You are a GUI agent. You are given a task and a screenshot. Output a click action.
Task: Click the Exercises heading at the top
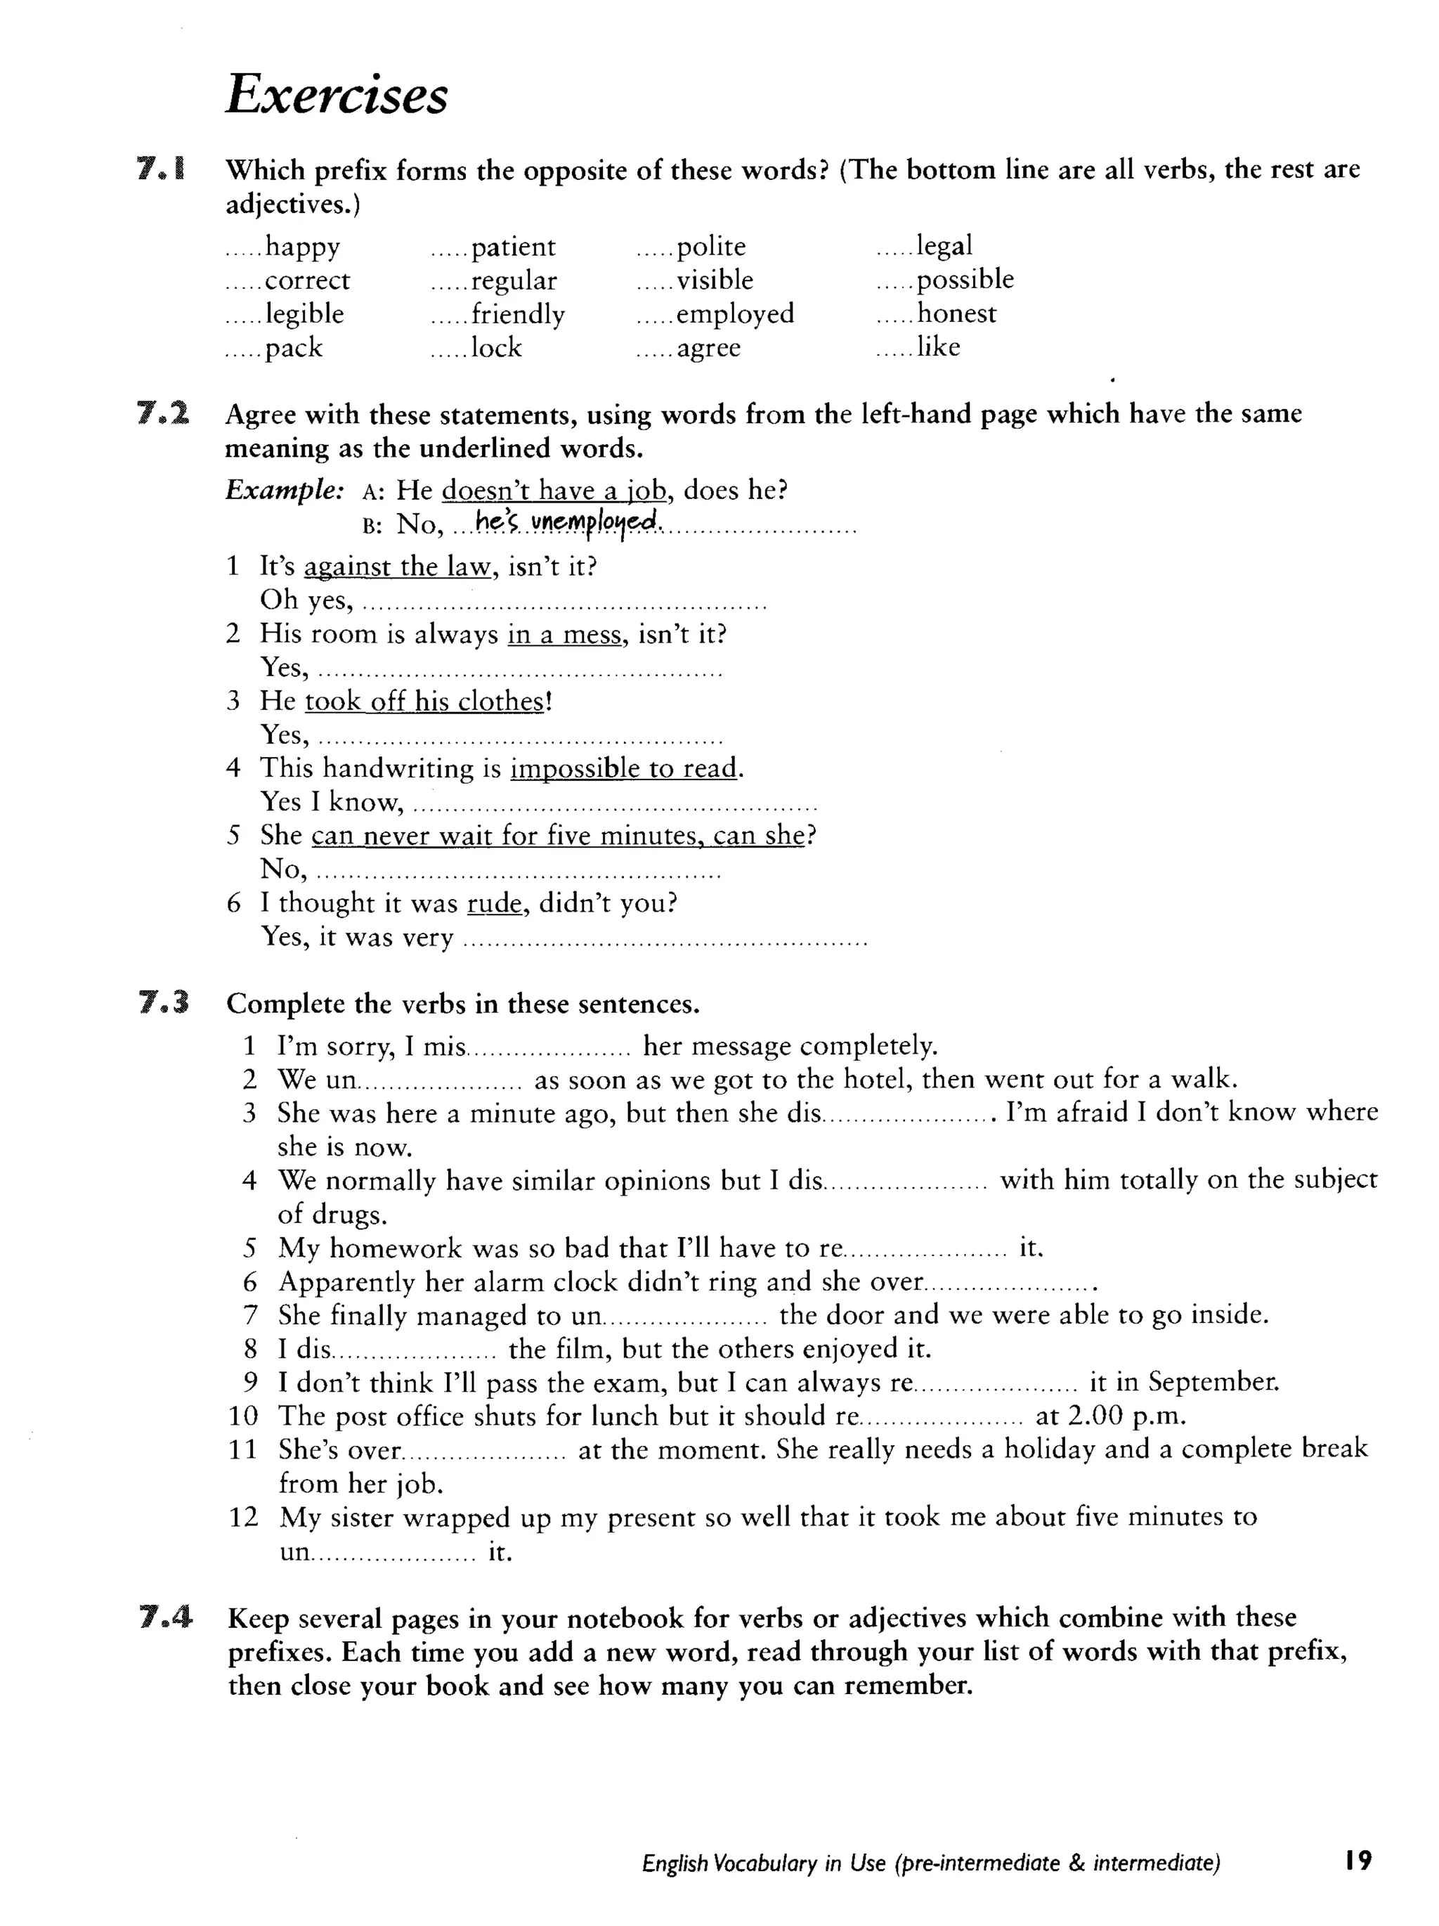pos(336,94)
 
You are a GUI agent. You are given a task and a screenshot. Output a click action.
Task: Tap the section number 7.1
pos(161,168)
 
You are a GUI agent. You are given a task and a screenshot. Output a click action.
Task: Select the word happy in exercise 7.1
pos(302,247)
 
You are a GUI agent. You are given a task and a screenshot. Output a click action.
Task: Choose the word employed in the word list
pos(735,314)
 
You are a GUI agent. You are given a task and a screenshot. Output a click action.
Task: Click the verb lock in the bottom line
pos(496,347)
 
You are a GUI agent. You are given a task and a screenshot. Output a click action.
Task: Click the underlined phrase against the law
pos(398,567)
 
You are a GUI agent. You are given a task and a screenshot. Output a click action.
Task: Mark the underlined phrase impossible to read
pos(623,768)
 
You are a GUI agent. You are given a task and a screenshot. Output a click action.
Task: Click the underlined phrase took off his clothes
pos(424,701)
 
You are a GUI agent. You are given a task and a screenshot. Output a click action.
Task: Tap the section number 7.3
pos(164,1003)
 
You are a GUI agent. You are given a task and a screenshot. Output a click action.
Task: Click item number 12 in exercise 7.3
pos(243,1517)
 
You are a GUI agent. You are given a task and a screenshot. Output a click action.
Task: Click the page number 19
pos(1357,1861)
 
